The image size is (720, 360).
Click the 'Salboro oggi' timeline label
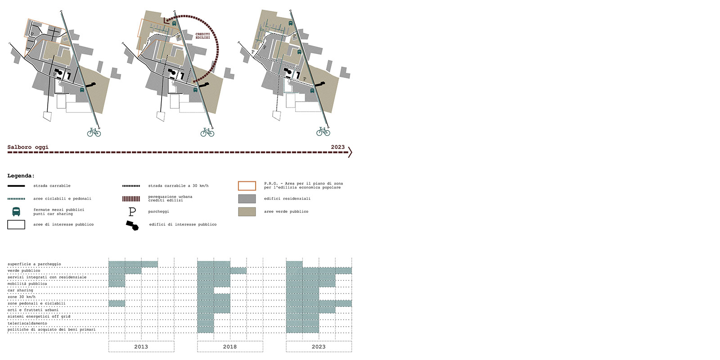(x=28, y=147)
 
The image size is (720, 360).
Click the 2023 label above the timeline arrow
(x=338, y=147)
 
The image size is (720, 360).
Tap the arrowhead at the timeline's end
(x=350, y=152)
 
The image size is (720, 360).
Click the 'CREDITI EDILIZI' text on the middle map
(x=203, y=36)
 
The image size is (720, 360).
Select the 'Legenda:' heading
(x=21, y=176)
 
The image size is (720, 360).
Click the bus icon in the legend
(x=16, y=211)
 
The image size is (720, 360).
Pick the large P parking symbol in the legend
(x=132, y=212)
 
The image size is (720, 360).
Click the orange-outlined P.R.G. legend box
(x=247, y=186)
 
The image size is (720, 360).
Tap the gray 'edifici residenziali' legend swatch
(x=247, y=198)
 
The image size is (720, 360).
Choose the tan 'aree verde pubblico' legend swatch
(x=247, y=211)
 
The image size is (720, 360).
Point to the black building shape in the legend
(x=132, y=225)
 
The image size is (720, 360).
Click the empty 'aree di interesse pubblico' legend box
(x=16, y=225)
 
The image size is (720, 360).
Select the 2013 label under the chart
(x=141, y=347)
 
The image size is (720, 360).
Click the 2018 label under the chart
(x=230, y=347)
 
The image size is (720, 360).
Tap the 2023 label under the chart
(x=319, y=347)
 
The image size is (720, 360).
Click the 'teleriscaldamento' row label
(x=27, y=324)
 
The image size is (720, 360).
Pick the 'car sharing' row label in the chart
(x=20, y=290)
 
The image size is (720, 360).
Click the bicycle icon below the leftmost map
(x=94, y=132)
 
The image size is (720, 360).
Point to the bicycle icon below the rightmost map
(x=323, y=131)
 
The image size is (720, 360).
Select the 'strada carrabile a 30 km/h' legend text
(x=178, y=186)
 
